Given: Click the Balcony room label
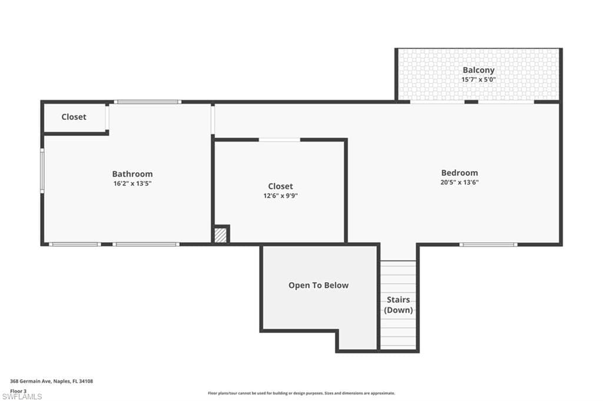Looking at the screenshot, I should click(478, 70).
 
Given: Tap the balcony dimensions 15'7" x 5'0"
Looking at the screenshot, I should click(478, 79).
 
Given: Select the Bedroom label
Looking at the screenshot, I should click(459, 173).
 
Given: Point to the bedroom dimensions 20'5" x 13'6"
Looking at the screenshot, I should click(459, 182).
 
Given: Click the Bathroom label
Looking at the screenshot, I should click(132, 174).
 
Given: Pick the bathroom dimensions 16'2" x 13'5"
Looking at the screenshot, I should click(132, 183).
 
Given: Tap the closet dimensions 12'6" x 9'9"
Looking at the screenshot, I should click(280, 196).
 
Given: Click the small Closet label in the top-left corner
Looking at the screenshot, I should click(74, 117).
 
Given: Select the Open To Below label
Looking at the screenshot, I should click(318, 285).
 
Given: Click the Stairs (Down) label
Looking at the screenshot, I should click(399, 305).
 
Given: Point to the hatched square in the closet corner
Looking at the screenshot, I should click(220, 235).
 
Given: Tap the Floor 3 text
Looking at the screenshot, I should click(18, 390).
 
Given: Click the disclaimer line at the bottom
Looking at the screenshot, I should click(301, 393).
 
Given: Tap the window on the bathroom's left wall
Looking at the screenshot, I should click(42, 170).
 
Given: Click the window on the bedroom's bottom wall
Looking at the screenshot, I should click(488, 244).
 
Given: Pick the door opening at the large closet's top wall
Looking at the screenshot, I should click(279, 140).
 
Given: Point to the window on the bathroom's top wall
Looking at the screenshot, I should click(147, 102).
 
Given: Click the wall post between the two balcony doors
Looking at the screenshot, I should click(471, 102).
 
